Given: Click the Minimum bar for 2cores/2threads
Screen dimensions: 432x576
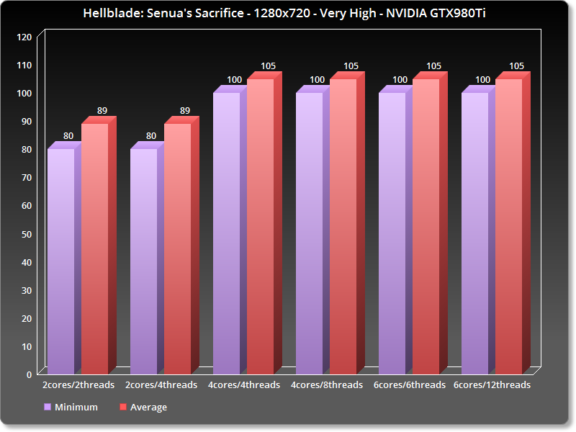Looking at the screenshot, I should [61, 259].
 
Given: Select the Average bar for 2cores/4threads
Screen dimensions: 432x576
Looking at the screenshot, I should [178, 248].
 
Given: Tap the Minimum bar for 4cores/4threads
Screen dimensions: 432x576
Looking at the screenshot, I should [227, 230].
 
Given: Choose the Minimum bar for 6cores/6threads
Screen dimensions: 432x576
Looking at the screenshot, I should [392, 230].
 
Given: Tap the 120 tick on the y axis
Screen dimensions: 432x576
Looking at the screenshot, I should [24, 37].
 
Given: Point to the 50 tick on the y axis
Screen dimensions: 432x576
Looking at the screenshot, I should [26, 233].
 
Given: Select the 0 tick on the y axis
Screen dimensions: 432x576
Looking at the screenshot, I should [29, 374].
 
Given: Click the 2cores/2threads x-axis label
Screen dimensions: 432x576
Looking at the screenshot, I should [78, 385].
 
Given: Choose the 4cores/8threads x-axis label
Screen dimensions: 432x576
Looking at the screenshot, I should [327, 385].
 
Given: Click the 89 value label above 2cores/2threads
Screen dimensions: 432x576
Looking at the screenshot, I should [102, 111].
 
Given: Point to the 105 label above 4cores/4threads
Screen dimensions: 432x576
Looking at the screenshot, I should [268, 66].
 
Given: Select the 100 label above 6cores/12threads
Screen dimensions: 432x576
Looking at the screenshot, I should [482, 80].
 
